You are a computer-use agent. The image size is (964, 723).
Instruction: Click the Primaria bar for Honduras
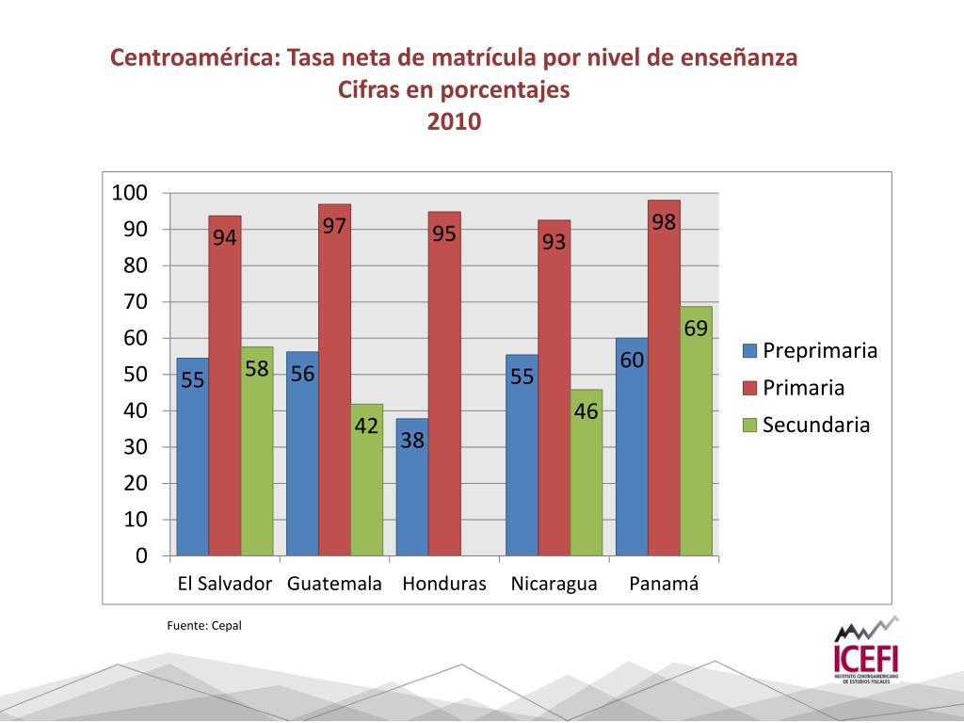[444, 395]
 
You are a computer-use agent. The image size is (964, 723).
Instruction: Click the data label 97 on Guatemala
[335, 227]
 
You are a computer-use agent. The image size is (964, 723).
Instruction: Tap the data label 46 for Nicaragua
[586, 411]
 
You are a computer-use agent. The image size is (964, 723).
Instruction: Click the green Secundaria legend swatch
[750, 425]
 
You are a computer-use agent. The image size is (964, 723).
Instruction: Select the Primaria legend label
[803, 388]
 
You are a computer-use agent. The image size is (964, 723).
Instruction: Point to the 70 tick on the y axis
[136, 301]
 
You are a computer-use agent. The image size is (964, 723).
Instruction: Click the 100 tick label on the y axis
[130, 193]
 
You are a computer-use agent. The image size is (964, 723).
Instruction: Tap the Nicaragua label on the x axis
[554, 584]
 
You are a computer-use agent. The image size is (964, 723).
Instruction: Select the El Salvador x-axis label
[225, 584]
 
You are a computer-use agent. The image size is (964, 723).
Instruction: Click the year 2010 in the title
[454, 122]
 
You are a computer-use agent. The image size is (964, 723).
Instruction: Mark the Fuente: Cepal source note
[204, 625]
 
